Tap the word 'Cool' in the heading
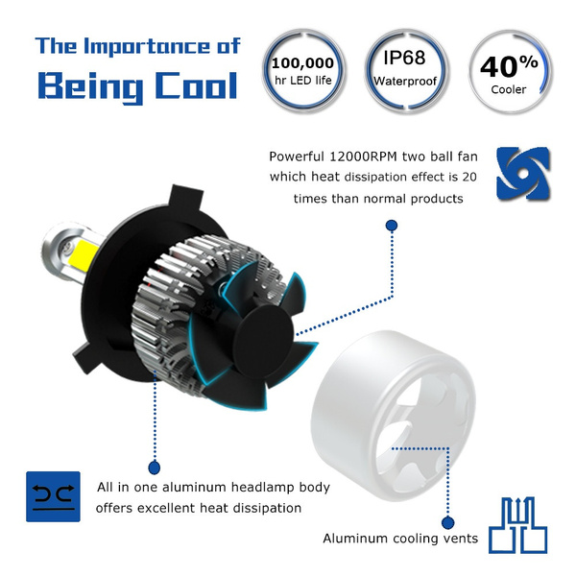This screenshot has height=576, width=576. [x=196, y=85]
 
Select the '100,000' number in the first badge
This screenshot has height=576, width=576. [x=302, y=63]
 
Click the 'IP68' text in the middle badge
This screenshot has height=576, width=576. [x=404, y=58]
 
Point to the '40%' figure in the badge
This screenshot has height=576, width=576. [x=509, y=66]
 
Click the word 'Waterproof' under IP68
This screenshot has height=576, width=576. [x=405, y=82]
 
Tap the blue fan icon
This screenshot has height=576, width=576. [x=523, y=174]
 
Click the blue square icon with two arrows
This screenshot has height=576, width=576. [x=53, y=496]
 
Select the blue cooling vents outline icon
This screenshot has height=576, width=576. [x=518, y=525]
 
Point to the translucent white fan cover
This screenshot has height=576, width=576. [x=393, y=415]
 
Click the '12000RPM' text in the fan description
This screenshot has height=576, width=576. [x=363, y=156]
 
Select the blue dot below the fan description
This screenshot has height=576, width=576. [x=392, y=226]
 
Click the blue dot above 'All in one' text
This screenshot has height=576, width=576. [x=155, y=468]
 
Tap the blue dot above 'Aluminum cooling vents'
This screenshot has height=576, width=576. [x=447, y=522]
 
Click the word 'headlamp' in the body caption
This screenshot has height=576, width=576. [x=262, y=488]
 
